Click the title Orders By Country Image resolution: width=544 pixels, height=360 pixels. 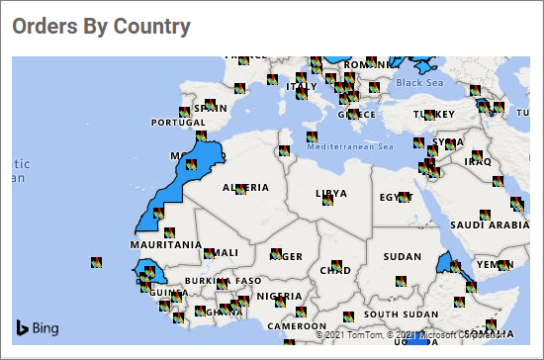pos(101,27)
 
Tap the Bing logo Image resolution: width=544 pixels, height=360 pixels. pos(37,327)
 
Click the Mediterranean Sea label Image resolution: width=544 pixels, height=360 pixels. pos(350,147)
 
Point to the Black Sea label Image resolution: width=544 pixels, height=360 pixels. pos(421,83)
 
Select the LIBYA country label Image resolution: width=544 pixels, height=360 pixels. pos(331,193)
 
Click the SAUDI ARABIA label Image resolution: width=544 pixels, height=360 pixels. pos(491,225)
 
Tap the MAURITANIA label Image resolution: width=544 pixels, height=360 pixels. pos(163,242)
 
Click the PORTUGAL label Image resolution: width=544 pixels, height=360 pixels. pos(176,124)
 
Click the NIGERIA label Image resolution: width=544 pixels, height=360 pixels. pos(278,296)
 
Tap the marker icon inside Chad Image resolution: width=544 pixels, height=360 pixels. pos(336,264)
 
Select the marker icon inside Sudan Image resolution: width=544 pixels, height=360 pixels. pos(400,281)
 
